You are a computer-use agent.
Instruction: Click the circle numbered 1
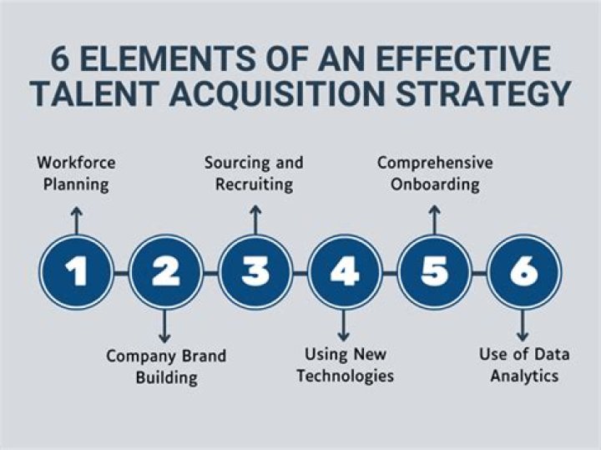click(x=77, y=271)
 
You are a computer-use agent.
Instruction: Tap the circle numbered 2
click(x=165, y=271)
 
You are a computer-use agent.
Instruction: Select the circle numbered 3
click(x=255, y=271)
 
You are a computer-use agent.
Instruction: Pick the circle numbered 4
click(x=344, y=271)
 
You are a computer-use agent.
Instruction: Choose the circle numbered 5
click(x=434, y=271)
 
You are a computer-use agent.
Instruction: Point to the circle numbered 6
click(x=523, y=271)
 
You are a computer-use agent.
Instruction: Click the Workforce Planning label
click(x=77, y=173)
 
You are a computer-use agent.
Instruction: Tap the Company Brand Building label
click(x=165, y=367)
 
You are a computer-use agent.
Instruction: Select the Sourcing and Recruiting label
click(x=254, y=173)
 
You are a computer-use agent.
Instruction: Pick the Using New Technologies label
click(x=344, y=364)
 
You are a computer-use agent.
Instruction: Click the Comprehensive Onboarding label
click(x=434, y=173)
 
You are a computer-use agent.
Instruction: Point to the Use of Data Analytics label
click(x=524, y=365)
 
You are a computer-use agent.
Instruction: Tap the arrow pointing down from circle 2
click(x=165, y=325)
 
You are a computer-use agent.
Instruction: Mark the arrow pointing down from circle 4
click(x=344, y=325)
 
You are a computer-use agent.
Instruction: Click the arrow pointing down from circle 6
click(x=523, y=325)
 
